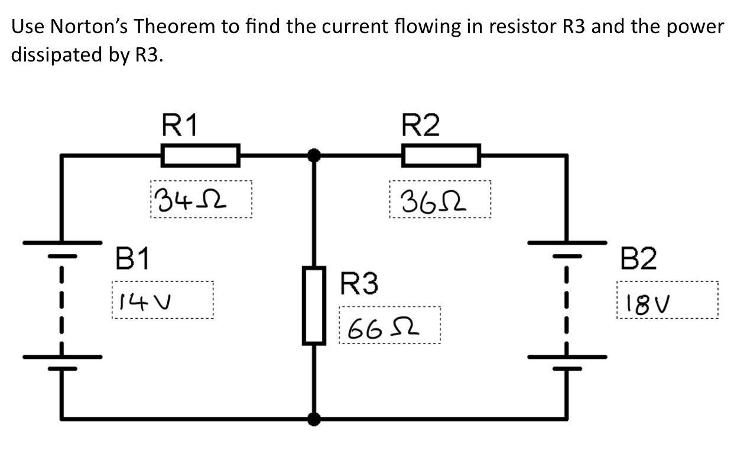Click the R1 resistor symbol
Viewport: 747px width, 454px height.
point(200,155)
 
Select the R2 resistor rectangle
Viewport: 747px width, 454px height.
point(441,155)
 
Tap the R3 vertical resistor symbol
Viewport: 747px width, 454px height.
point(314,305)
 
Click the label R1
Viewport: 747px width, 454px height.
point(180,125)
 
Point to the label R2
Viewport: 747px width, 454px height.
point(420,125)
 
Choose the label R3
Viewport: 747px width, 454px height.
point(359,284)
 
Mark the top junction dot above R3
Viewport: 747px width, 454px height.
point(314,155)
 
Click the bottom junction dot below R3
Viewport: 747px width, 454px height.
point(314,419)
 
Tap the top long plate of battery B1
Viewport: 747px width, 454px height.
point(62,242)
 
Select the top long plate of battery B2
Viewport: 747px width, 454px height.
point(567,242)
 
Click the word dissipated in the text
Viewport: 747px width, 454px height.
point(63,55)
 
